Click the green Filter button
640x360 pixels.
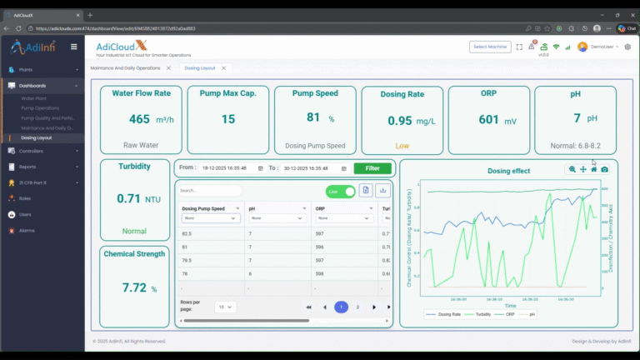coord(372,168)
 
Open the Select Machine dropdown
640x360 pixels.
coord(490,47)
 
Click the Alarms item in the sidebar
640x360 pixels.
coord(27,230)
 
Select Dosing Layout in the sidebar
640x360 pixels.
coord(37,137)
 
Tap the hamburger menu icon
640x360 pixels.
coord(73,47)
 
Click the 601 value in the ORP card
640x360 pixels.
coord(488,120)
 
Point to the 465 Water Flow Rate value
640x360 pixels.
coord(139,120)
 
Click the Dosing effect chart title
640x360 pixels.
coord(508,171)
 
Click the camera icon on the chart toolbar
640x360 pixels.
coord(604,169)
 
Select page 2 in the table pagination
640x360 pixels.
coord(357,307)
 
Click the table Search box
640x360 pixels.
coord(210,191)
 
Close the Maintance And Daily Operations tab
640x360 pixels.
coord(168,67)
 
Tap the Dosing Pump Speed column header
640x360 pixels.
coord(204,207)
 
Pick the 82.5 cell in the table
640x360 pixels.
coord(187,234)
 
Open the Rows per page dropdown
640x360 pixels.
coord(225,307)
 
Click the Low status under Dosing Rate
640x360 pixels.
coord(402,146)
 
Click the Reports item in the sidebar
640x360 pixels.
coord(27,167)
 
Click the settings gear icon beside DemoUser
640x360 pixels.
coord(629,47)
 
